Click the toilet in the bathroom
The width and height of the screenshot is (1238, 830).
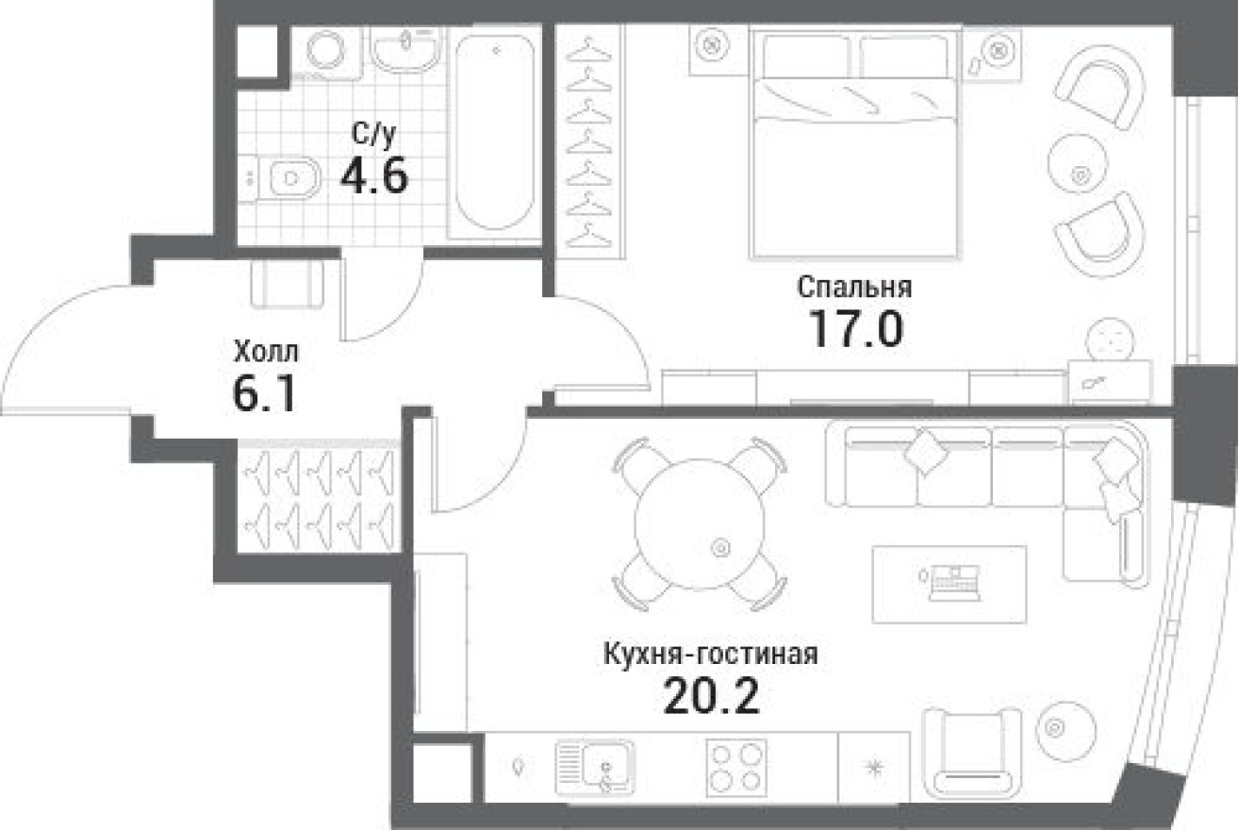286,177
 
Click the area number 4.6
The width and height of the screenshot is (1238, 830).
375,174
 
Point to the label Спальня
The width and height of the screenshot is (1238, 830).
854,286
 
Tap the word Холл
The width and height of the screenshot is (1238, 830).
266,354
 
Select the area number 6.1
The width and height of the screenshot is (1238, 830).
264,393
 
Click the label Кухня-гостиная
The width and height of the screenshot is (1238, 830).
709,654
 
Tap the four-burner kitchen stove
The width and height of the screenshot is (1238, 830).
735,767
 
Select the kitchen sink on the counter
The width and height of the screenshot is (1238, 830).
594,764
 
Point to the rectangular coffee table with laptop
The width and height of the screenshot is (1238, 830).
948,584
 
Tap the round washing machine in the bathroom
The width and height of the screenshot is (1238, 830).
327,51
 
